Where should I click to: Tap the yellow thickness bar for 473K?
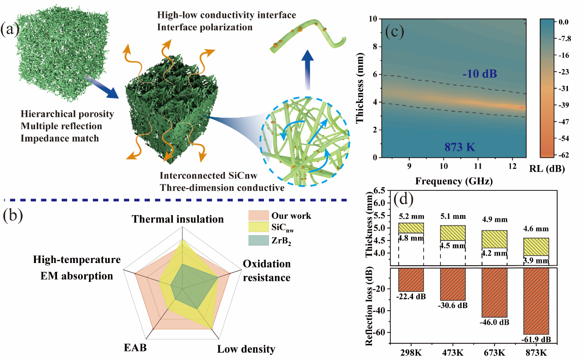click(453, 233)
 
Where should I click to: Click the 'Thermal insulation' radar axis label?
click(178, 219)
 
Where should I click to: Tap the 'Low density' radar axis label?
click(246, 349)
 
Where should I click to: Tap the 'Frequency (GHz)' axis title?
click(454, 181)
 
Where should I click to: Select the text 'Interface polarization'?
click(205, 27)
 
